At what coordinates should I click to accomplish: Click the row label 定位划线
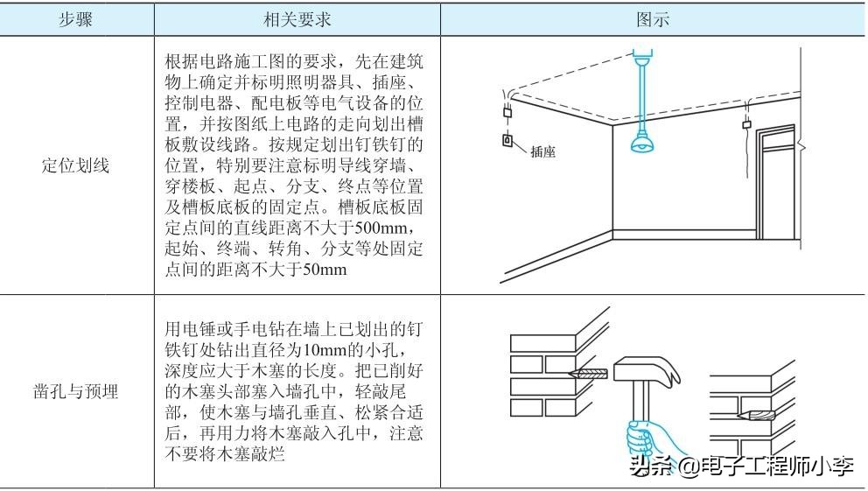click(76, 165)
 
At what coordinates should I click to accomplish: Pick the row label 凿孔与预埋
click(76, 391)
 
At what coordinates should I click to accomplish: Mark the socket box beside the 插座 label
click(507, 140)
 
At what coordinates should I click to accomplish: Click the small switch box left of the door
click(746, 123)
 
